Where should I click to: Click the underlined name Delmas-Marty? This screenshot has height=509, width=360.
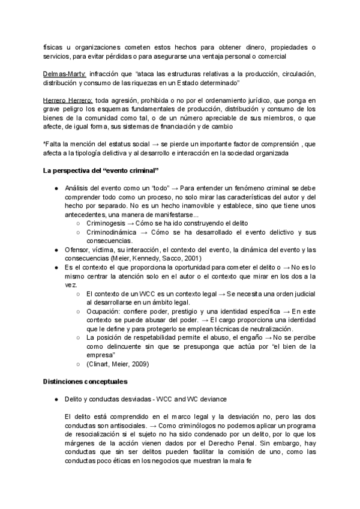click(x=65, y=74)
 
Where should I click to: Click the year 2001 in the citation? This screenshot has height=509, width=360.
click(x=192, y=258)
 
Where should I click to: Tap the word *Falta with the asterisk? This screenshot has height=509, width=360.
click(x=53, y=144)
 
